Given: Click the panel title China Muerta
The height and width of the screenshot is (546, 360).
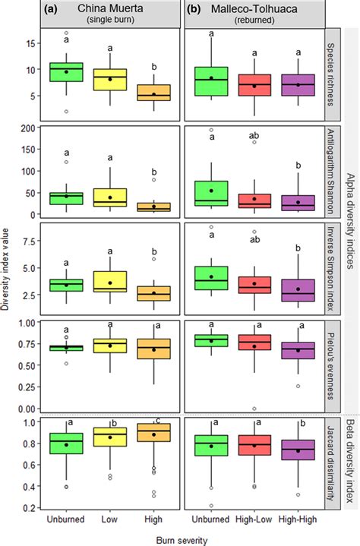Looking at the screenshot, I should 111,8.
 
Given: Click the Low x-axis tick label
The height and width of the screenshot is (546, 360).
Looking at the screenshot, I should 110,521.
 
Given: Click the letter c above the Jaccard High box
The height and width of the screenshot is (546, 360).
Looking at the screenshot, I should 157,421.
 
